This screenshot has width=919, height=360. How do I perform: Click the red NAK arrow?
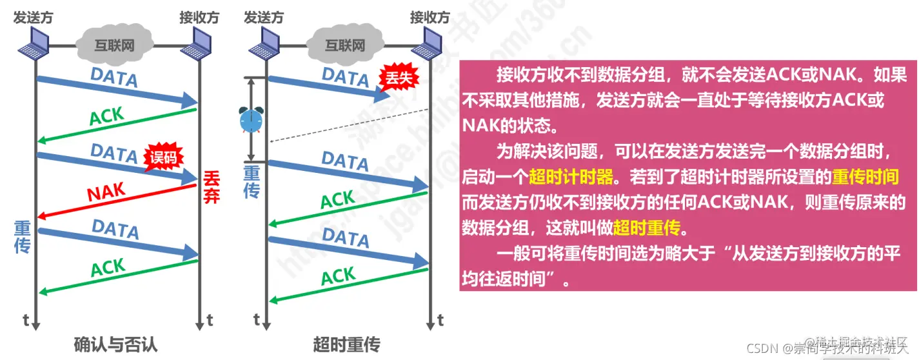pos(116,201)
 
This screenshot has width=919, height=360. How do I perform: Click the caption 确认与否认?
pos(115,343)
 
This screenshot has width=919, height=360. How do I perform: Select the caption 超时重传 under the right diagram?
pos(347,343)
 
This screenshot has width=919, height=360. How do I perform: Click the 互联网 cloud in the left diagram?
pos(115,45)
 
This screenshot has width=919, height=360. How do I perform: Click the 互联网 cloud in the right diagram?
pos(344,45)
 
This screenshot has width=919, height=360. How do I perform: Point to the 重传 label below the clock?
pos(252,181)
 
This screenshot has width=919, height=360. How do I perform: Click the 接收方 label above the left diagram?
pos(199,17)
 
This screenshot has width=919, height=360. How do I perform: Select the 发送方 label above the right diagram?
pos(263,17)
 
